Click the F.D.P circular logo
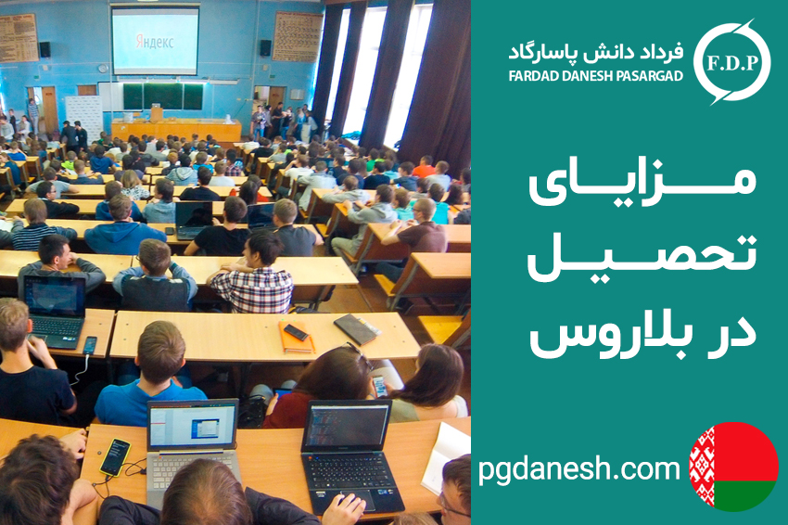[731, 62]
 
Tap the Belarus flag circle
[733, 467]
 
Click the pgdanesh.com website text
[578, 469]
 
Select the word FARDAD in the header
[531, 76]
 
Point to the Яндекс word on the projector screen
[155, 42]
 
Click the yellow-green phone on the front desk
[115, 457]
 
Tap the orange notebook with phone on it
[297, 337]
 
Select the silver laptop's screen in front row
[193, 427]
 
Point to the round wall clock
[103, 69]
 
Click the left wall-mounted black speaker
[44, 49]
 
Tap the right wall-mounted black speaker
[265, 48]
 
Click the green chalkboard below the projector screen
[163, 96]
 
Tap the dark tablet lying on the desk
[357, 329]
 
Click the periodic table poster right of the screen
[298, 37]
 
